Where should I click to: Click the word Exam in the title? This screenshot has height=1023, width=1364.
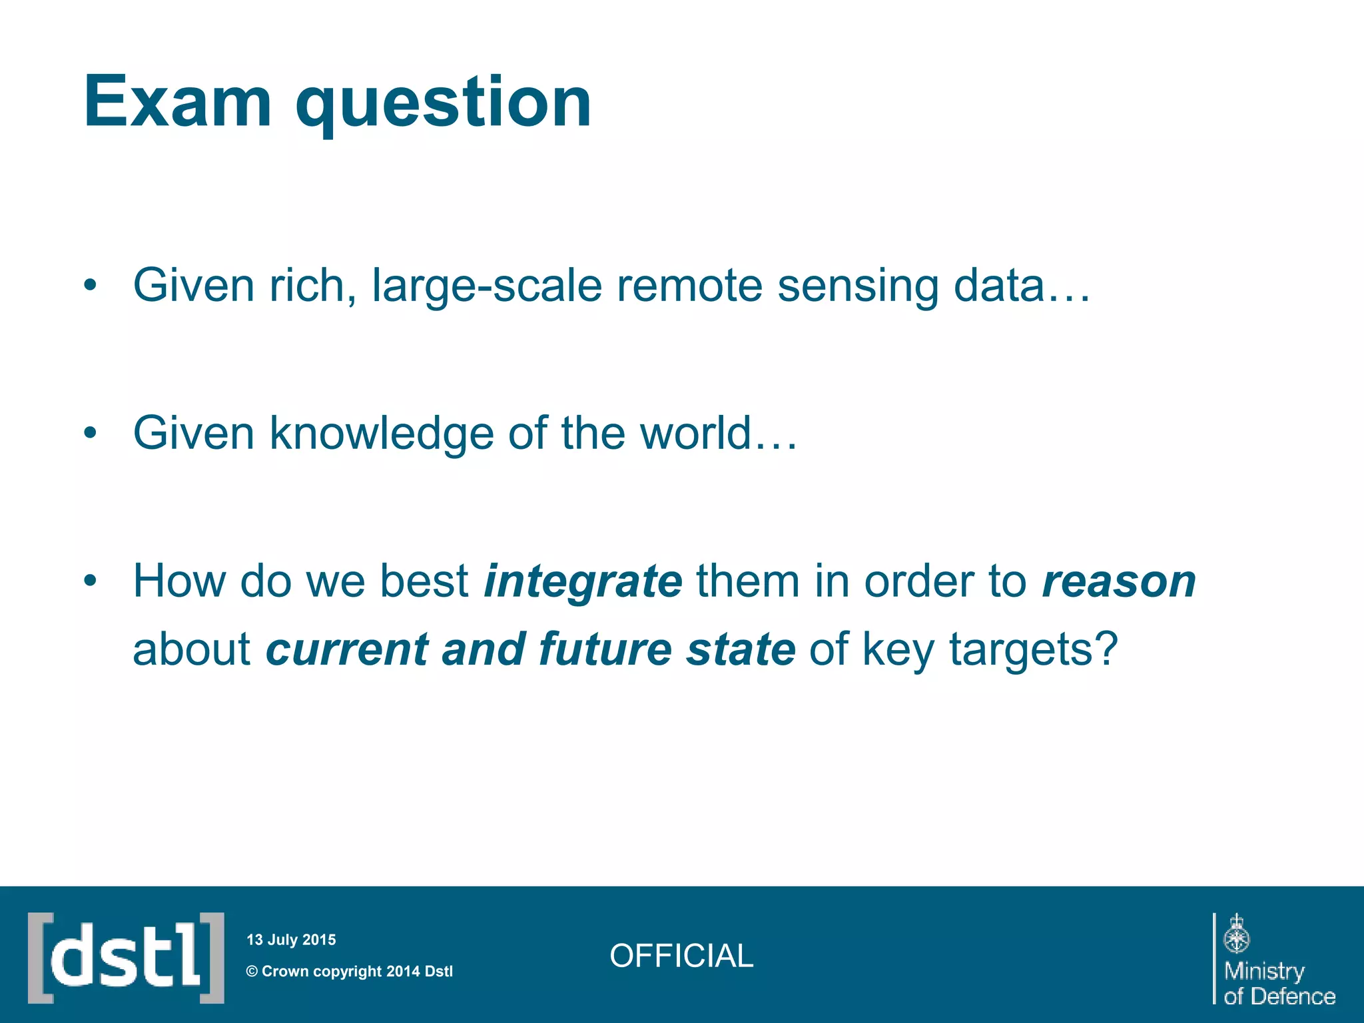coord(177,101)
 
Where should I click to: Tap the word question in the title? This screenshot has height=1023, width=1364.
coord(443,103)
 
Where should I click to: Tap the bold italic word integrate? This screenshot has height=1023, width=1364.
coord(583,582)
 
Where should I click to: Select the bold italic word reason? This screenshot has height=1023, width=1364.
coord(1119,582)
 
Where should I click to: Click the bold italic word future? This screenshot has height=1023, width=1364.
coord(605,649)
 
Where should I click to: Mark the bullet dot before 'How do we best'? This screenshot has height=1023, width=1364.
coord(91,581)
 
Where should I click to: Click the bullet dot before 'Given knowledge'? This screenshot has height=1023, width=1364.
coord(91,434)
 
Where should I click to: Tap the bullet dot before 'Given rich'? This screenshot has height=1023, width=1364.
coord(91,286)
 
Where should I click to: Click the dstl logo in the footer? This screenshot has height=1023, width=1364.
coord(126,957)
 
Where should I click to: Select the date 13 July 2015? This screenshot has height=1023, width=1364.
coord(291,940)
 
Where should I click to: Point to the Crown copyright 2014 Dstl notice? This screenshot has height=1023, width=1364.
coord(350,971)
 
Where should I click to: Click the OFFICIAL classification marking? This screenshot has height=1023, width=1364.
coord(681,956)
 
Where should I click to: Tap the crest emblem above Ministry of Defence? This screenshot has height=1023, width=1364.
coord(1236,934)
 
